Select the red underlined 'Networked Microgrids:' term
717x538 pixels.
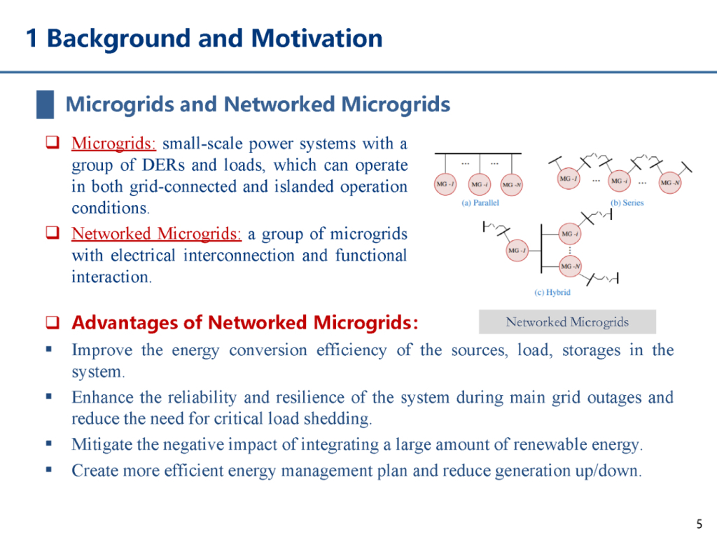[x=157, y=233]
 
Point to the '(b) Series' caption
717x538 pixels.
[x=627, y=203]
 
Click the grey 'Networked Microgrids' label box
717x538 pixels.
[x=567, y=322]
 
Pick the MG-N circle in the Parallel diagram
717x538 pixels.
[x=512, y=184]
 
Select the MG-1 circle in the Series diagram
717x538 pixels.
[x=569, y=179]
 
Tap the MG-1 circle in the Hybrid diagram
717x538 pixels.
[x=517, y=250]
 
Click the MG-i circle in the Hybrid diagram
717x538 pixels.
[x=571, y=233]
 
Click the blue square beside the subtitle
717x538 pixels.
[x=46, y=105]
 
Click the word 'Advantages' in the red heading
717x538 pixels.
[x=118, y=323]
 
